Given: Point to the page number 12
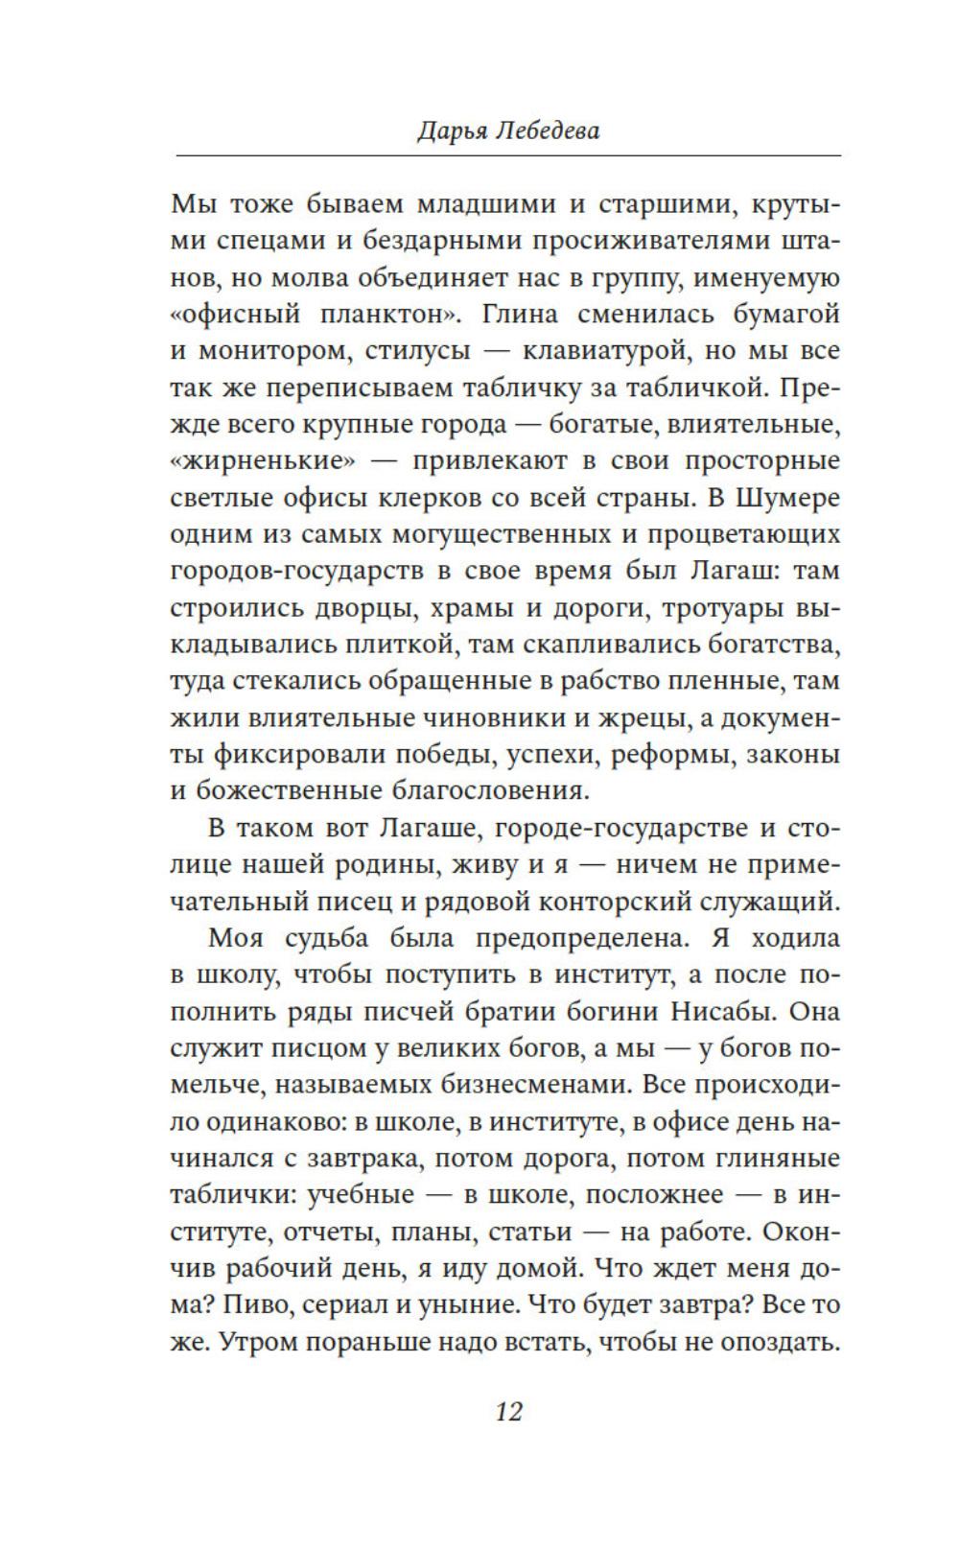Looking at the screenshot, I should tap(508, 1411).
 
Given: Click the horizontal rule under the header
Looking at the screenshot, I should tap(508, 154).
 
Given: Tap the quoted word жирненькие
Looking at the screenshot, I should tap(265, 461).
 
